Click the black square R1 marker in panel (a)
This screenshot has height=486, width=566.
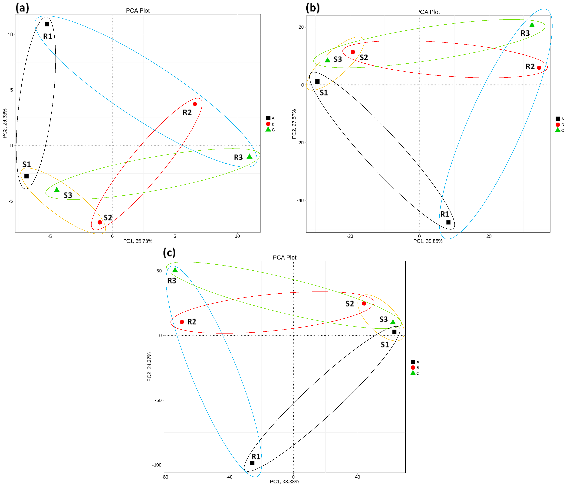point(47,24)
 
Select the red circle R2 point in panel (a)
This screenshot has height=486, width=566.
point(195,104)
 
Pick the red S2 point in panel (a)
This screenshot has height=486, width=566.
point(100,222)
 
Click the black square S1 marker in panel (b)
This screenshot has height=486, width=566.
point(317,81)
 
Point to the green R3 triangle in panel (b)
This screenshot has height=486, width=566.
point(532,25)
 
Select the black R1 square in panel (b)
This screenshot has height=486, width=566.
point(448,222)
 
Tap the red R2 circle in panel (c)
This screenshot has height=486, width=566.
point(182,322)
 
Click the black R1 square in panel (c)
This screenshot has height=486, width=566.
point(252,463)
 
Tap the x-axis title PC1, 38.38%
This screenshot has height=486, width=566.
point(284,481)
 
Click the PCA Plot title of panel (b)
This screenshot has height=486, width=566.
point(428,12)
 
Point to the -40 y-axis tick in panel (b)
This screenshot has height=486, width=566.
point(300,200)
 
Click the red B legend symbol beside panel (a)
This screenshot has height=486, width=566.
point(268,124)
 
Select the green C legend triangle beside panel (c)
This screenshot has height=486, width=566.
point(413,373)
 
